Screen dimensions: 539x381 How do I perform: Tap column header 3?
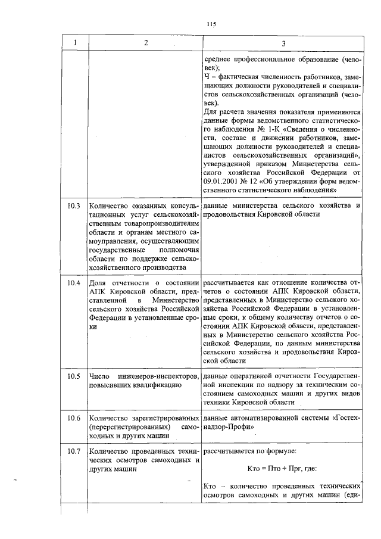(283, 43)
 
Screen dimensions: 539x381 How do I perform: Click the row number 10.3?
(74, 206)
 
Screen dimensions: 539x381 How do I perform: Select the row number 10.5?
(74, 376)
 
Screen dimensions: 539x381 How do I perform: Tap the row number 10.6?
(74, 418)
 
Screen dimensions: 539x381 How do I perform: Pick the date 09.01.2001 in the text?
(222, 181)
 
